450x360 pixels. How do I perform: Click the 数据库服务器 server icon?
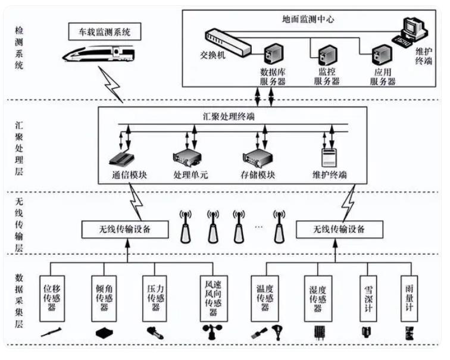(273, 55)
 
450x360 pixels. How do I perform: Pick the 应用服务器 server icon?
(379, 55)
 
